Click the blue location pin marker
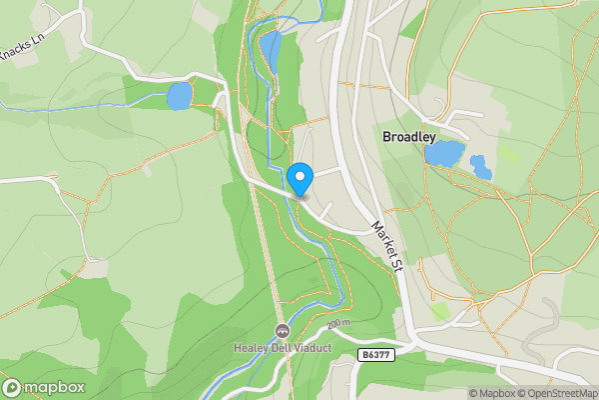pyautogui.click(x=299, y=179)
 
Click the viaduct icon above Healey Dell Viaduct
pyautogui.click(x=281, y=331)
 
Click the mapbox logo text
pyautogui.click(x=54, y=387)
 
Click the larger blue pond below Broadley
pyautogui.click(x=444, y=153)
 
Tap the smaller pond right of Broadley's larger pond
pyautogui.click(x=481, y=166)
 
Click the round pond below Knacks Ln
pyautogui.click(x=179, y=96)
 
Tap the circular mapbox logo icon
pyautogui.click(x=13, y=387)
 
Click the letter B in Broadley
pyautogui.click(x=386, y=133)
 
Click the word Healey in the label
pyautogui.click(x=250, y=348)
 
